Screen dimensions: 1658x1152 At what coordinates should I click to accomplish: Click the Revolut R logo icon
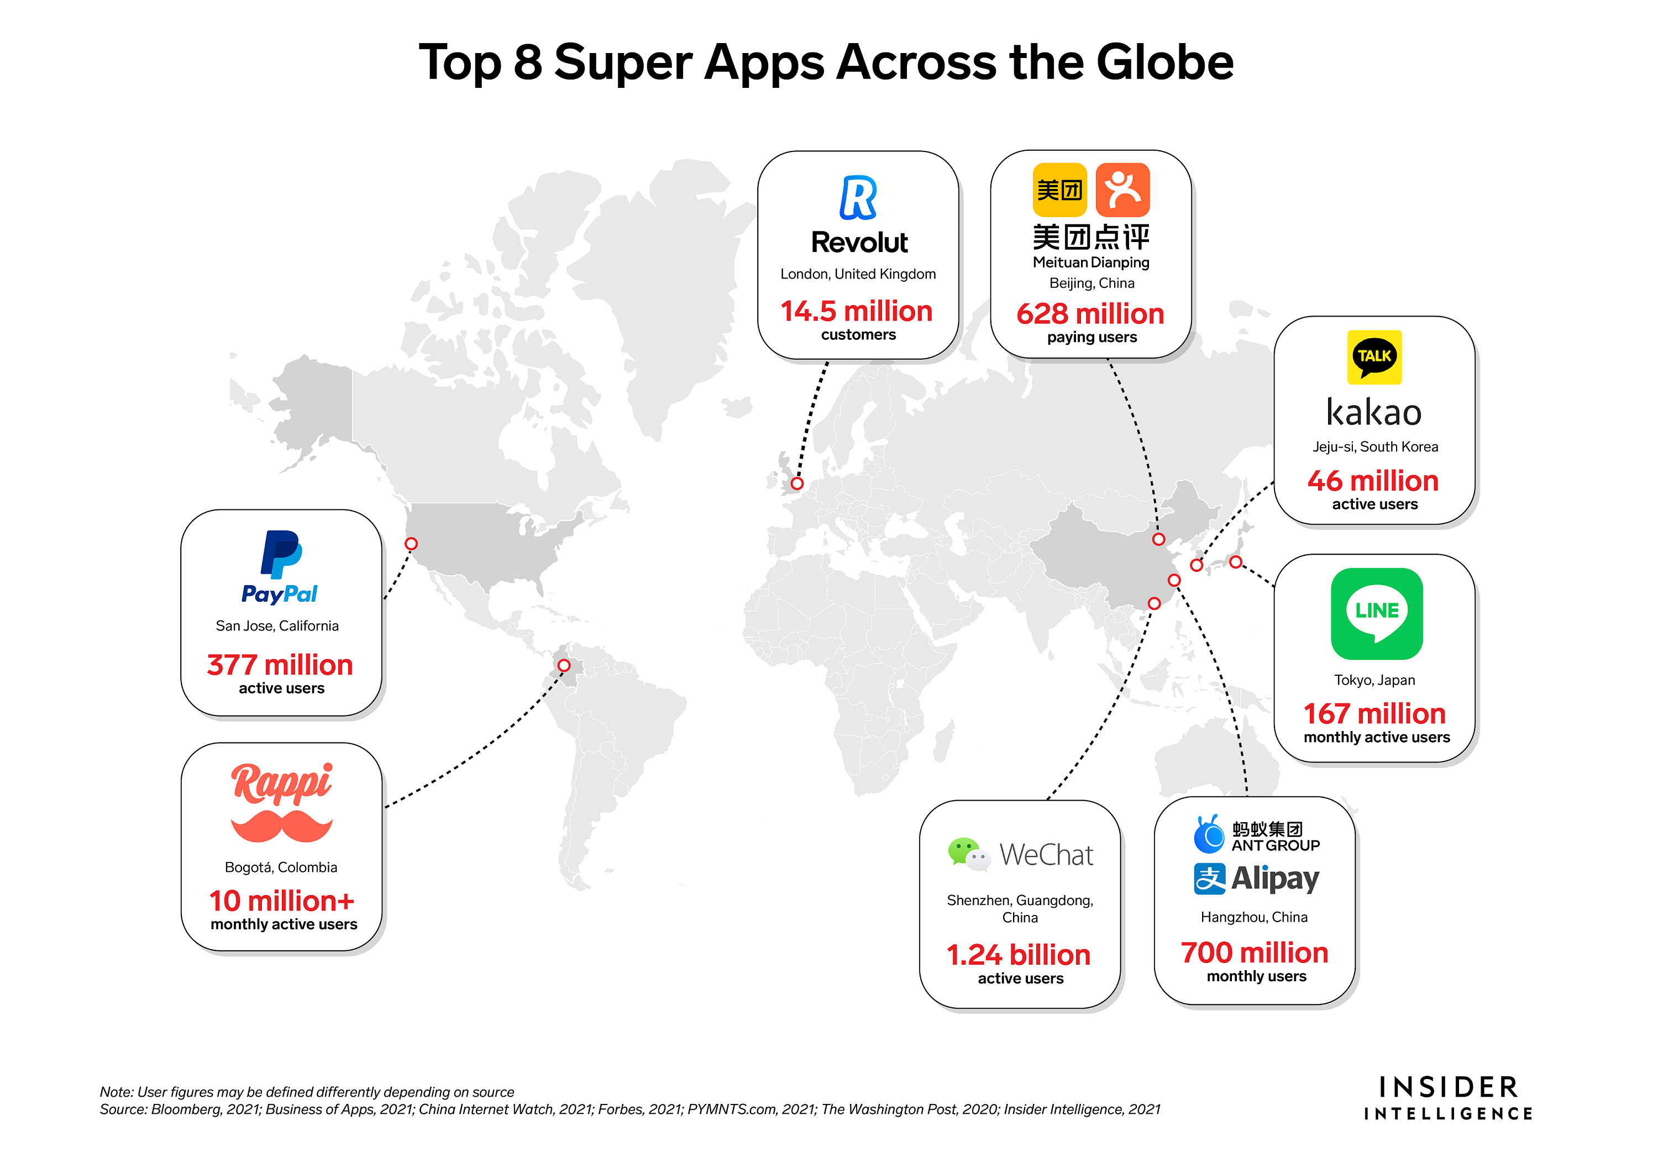click(x=858, y=197)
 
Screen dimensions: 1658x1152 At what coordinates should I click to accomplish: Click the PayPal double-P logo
click(x=280, y=554)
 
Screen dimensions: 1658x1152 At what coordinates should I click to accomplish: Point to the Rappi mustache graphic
click(x=281, y=826)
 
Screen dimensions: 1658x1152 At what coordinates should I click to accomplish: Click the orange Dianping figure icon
click(x=1122, y=190)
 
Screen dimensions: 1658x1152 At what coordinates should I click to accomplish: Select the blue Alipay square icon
click(x=1209, y=879)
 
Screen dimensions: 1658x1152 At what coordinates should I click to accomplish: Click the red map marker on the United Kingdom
click(x=796, y=483)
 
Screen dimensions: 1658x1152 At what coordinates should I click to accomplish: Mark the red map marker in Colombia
click(x=564, y=665)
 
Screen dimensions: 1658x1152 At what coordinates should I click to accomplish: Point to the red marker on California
click(x=411, y=544)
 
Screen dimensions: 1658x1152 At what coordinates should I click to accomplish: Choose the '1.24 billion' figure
click(x=1018, y=955)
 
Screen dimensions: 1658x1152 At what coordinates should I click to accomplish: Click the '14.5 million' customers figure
click(x=857, y=311)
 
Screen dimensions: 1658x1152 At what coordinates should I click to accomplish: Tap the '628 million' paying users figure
click(x=1090, y=314)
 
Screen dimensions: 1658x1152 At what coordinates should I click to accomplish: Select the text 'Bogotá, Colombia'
click(x=281, y=867)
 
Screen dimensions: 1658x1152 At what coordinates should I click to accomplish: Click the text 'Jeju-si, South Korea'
click(x=1375, y=447)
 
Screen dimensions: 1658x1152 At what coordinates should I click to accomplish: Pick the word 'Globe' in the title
click(x=1165, y=62)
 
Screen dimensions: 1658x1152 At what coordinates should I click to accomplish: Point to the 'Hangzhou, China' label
click(x=1254, y=917)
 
